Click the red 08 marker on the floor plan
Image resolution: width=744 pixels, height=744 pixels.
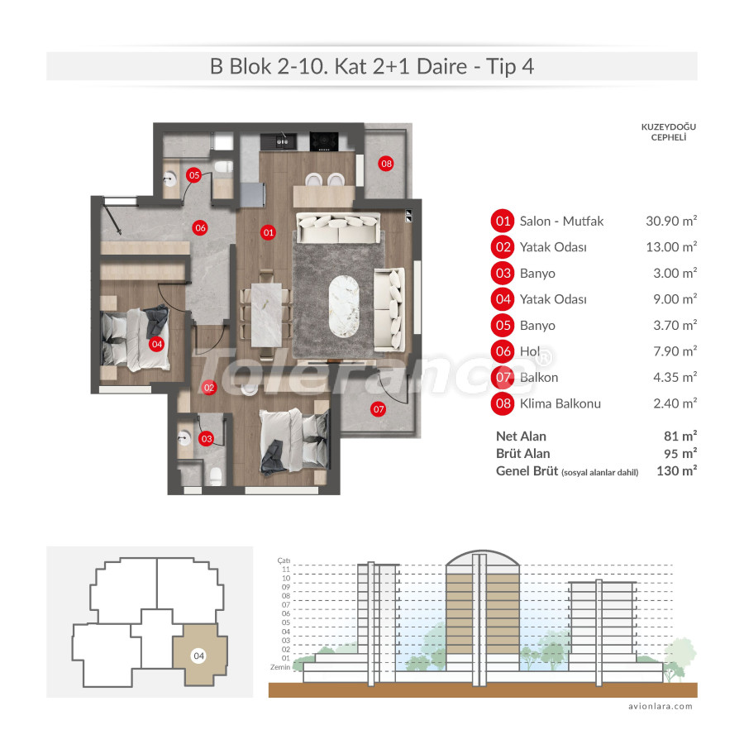(386, 164)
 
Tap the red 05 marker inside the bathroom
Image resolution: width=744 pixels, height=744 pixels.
(193, 175)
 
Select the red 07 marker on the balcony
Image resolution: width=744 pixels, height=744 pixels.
(379, 408)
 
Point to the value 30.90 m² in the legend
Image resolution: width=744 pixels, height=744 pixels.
(670, 221)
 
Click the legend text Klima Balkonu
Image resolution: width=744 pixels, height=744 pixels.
(560, 403)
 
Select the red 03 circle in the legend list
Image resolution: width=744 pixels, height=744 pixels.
(502, 274)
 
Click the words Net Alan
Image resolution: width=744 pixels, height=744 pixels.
(521, 436)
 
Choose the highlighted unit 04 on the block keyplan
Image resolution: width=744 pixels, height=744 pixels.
(198, 655)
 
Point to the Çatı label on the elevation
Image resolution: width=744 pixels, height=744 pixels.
(284, 560)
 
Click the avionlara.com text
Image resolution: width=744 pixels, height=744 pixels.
(660, 707)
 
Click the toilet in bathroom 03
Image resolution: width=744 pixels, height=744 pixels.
(216, 476)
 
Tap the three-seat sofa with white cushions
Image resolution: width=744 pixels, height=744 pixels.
(338, 227)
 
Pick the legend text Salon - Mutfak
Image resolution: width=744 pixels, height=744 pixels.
(561, 221)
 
